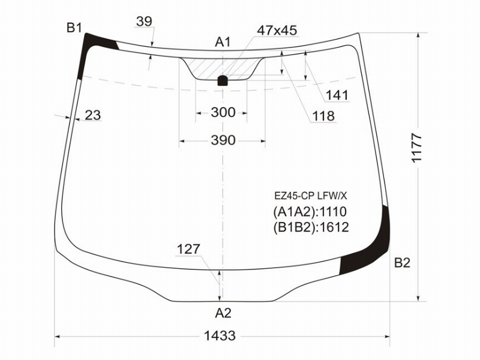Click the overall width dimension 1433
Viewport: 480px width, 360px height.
(x=220, y=336)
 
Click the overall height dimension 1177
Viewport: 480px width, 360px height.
(x=417, y=148)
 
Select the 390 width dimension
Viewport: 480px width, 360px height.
(x=223, y=140)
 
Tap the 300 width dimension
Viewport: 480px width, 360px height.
(x=223, y=112)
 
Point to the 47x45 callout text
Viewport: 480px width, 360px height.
(x=277, y=31)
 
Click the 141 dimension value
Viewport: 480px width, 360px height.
(x=337, y=95)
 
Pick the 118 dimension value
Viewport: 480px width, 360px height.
(x=323, y=116)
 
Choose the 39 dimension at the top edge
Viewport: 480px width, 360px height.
(x=144, y=22)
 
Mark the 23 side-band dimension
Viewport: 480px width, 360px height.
(x=93, y=115)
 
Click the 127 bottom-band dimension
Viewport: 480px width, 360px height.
(x=188, y=249)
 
